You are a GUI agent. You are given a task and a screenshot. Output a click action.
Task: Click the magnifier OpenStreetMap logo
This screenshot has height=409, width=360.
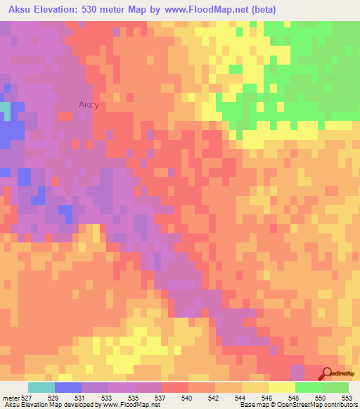click(328, 373)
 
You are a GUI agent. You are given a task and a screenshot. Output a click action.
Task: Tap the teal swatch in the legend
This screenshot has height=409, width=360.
click(41, 387)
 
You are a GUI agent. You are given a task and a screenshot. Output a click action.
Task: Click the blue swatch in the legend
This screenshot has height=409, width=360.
click(67, 387)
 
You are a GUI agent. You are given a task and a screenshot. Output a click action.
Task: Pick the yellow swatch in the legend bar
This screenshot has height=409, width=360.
click(281, 387)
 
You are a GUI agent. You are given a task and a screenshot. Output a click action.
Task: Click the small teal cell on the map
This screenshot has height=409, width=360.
click(6, 110)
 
